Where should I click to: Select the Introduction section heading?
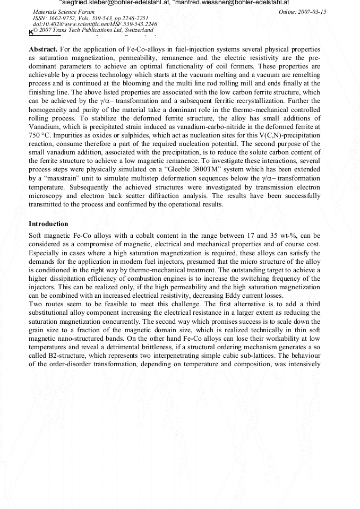[48, 224]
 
